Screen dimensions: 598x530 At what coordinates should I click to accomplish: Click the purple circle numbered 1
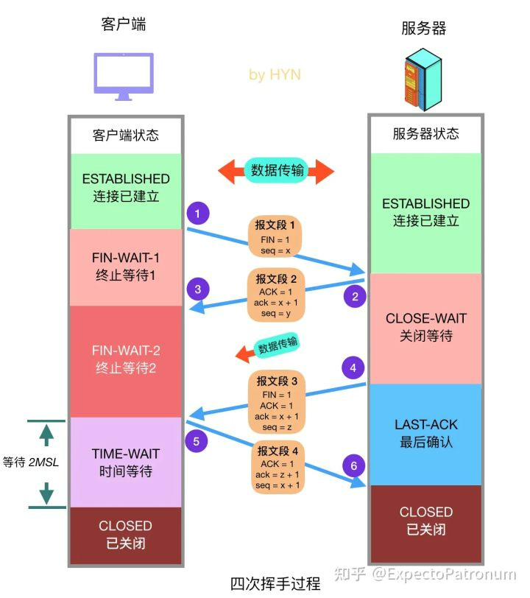tap(197, 214)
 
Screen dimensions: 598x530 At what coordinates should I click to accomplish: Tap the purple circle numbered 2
tap(355, 296)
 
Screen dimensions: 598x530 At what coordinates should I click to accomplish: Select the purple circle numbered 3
tap(197, 288)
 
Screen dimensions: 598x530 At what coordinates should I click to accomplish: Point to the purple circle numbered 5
tap(197, 442)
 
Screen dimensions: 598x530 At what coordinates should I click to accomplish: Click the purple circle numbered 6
tap(354, 465)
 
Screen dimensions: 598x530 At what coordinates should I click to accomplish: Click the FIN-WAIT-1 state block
tap(125, 267)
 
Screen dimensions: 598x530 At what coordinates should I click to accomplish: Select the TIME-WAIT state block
tap(125, 462)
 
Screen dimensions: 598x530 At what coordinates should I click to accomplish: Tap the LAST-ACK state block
tap(426, 434)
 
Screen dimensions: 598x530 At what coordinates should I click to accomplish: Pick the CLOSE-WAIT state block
tap(426, 328)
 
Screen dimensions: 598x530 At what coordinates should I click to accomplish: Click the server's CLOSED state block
tap(426, 520)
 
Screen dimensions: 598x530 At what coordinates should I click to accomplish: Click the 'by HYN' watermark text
tap(275, 74)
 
